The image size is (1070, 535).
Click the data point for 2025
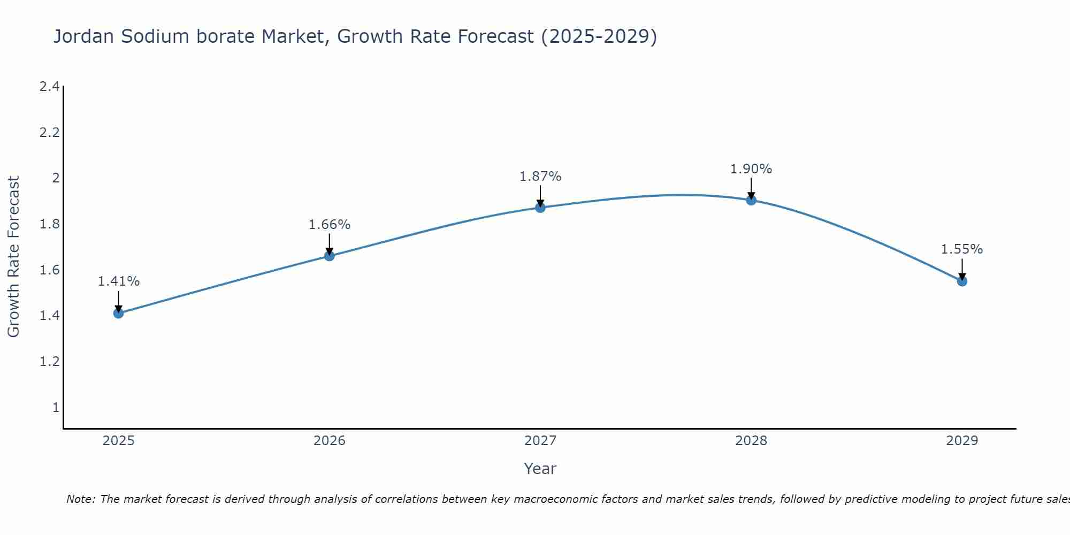[x=118, y=313]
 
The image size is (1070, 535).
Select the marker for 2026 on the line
[x=329, y=256]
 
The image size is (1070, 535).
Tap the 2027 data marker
[x=540, y=208]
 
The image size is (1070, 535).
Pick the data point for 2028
[x=751, y=200]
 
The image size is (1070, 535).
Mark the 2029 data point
[x=962, y=281]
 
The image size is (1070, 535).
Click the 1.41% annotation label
[x=118, y=281]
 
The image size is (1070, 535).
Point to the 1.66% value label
[x=329, y=225]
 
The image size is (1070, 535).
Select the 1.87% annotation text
[x=540, y=177]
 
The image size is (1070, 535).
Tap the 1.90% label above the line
[x=751, y=169]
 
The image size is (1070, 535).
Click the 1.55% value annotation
[x=962, y=249]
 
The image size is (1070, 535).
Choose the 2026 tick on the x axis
[x=329, y=441]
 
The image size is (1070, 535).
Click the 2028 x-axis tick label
[x=751, y=441]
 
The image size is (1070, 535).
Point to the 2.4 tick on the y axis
[x=49, y=86]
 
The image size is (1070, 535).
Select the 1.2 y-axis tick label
[x=49, y=362]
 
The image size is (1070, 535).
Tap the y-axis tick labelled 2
[x=55, y=178]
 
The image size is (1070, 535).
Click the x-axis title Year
[x=540, y=469]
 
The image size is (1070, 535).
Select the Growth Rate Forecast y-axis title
[x=13, y=257]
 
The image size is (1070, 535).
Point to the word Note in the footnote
[x=80, y=499]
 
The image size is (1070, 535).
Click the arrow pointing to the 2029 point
[x=962, y=269]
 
